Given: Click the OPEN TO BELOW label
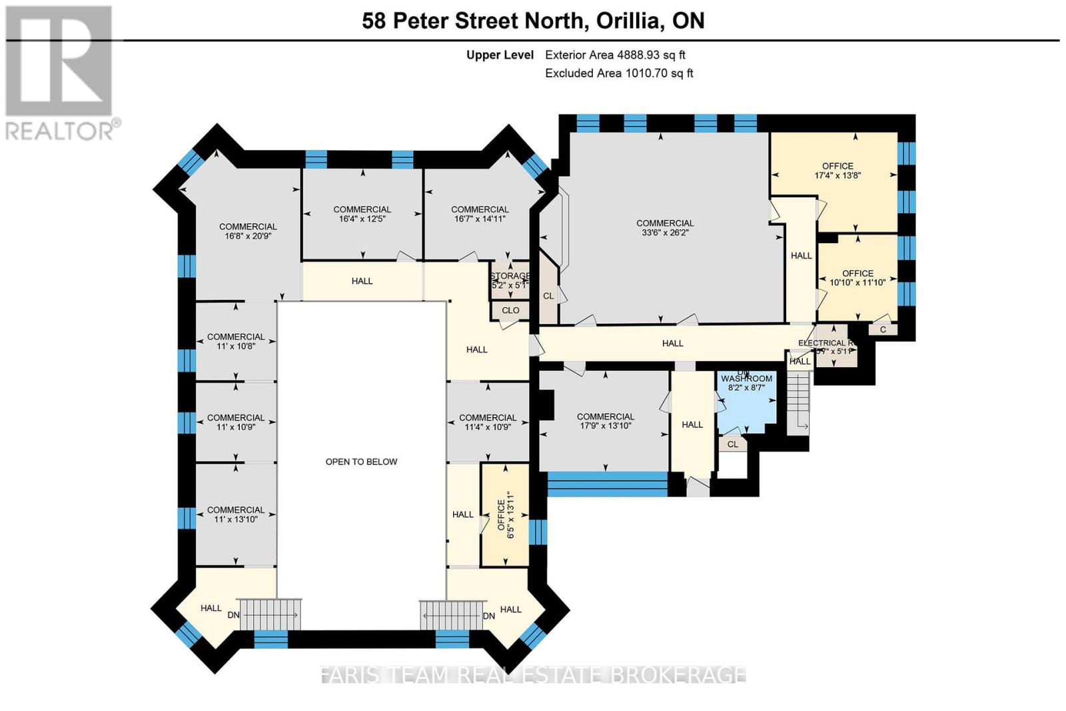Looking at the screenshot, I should pos(361,462).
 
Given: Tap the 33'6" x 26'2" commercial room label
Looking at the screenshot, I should pos(665,228).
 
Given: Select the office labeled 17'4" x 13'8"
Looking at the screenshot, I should pos(837,171).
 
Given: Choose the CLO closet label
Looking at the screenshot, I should pos(510,311).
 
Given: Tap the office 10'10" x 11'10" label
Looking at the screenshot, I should pos(857,278).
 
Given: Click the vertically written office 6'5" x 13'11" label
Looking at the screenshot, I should pos(506,515).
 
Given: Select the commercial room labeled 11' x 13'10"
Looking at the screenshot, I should pos(236,514).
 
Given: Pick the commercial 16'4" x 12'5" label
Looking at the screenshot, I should pos(362,214).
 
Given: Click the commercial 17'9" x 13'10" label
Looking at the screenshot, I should pos(605,421).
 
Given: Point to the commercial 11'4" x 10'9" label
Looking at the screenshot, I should pos(488,422).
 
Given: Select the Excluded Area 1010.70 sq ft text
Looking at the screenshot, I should pos(619,73).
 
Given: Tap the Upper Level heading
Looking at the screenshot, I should pos(500,55).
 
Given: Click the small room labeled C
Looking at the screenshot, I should pos(883,329).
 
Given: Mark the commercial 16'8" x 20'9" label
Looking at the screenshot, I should pos(248,231).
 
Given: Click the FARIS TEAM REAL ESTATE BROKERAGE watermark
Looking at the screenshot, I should pos(533,674).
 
